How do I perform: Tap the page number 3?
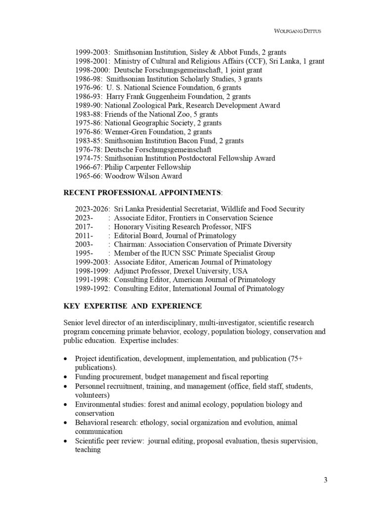coord(325,479)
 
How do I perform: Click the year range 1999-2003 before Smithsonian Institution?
coord(92,52)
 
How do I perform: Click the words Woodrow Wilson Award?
coord(143,176)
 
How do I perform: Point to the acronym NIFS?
coord(243,227)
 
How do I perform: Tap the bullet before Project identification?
coord(67,358)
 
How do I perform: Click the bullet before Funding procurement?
coord(67,377)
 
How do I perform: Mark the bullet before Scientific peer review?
coord(67,441)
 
